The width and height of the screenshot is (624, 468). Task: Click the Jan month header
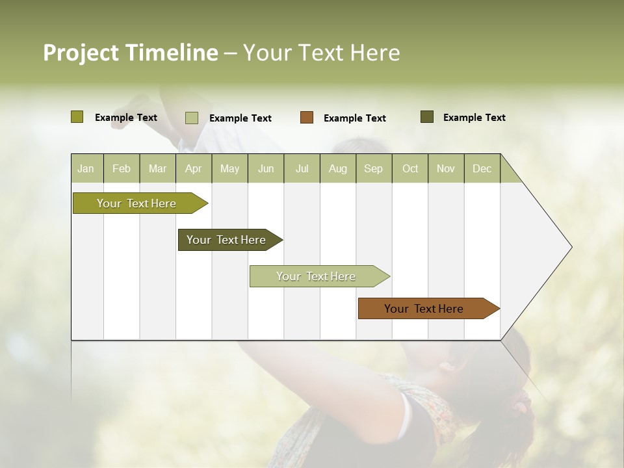pyautogui.click(x=86, y=168)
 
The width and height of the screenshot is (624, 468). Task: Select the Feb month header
pyautogui.click(x=122, y=168)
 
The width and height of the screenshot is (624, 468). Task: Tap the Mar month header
pyautogui.click(x=157, y=168)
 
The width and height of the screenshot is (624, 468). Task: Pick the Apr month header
pyautogui.click(x=193, y=168)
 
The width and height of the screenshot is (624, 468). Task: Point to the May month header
pyautogui.click(x=229, y=168)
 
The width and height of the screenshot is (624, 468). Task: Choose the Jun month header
pyautogui.click(x=266, y=168)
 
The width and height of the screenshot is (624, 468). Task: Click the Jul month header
pyautogui.click(x=302, y=168)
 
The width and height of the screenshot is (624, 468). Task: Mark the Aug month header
pyautogui.click(x=337, y=168)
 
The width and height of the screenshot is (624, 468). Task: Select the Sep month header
pyautogui.click(x=373, y=168)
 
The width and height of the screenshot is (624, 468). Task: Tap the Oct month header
pyautogui.click(x=410, y=168)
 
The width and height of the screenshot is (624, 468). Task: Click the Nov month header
pyautogui.click(x=446, y=168)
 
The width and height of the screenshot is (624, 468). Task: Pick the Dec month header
pyautogui.click(x=482, y=168)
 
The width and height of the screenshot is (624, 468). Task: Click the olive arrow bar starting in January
pyautogui.click(x=137, y=203)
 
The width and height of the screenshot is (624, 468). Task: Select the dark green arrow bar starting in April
pyautogui.click(x=227, y=240)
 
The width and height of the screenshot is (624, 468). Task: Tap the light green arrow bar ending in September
pyautogui.click(x=316, y=276)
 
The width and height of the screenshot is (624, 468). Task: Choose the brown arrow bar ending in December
pyautogui.click(x=424, y=309)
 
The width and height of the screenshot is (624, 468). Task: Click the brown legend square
pyautogui.click(x=307, y=117)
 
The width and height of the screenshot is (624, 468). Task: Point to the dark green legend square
pyautogui.click(x=427, y=117)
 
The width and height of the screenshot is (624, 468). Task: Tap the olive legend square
pyautogui.click(x=77, y=117)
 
